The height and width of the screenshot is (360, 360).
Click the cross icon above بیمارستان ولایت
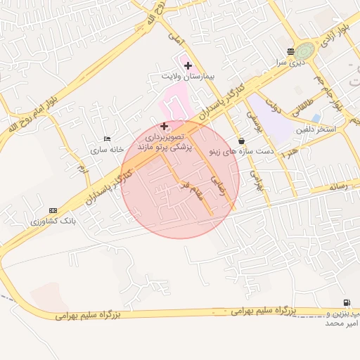click(x=188, y=65)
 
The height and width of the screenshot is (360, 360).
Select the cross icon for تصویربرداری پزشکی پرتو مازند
click(x=165, y=127)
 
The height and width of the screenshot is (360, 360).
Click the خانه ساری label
click(x=107, y=150)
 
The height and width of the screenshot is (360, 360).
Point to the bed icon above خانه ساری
click(x=107, y=139)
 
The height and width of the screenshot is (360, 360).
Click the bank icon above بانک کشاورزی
click(x=53, y=210)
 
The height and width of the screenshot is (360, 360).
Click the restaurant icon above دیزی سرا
click(x=291, y=51)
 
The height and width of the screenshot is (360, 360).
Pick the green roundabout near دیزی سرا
click(x=305, y=51)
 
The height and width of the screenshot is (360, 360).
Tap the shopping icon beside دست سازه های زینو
click(x=242, y=141)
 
